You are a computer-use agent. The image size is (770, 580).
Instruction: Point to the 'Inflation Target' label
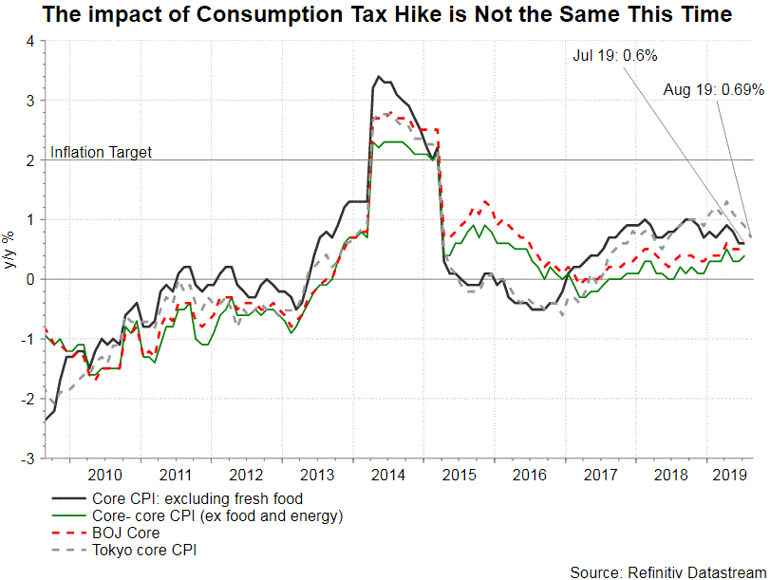coord(101,152)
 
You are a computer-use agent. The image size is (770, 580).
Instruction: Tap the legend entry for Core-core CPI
coord(216,515)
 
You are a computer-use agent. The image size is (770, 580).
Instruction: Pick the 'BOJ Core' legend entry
coord(125,533)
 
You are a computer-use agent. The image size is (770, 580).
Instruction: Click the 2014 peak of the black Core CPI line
coord(379,77)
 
